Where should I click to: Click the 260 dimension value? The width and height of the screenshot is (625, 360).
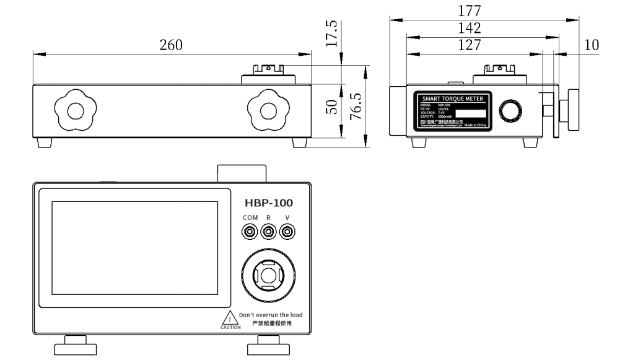click(172, 45)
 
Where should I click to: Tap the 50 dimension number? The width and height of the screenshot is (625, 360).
click(332, 107)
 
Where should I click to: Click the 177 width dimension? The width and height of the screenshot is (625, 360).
click(473, 11)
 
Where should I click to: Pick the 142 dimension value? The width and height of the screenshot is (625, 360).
click(473, 28)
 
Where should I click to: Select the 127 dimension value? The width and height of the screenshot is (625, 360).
click(473, 45)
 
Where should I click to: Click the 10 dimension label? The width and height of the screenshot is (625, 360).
click(592, 45)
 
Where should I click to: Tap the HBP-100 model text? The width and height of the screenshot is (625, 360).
click(268, 203)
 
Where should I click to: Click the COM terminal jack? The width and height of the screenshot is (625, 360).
click(250, 232)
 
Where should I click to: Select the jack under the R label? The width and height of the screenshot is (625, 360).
click(268, 232)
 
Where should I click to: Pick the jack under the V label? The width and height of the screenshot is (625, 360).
click(287, 232)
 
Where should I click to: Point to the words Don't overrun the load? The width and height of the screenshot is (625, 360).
click(271, 315)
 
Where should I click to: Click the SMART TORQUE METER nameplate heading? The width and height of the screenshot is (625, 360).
click(453, 99)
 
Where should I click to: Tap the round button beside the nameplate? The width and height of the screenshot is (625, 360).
click(512, 112)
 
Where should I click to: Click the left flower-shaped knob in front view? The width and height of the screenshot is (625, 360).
click(74, 110)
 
